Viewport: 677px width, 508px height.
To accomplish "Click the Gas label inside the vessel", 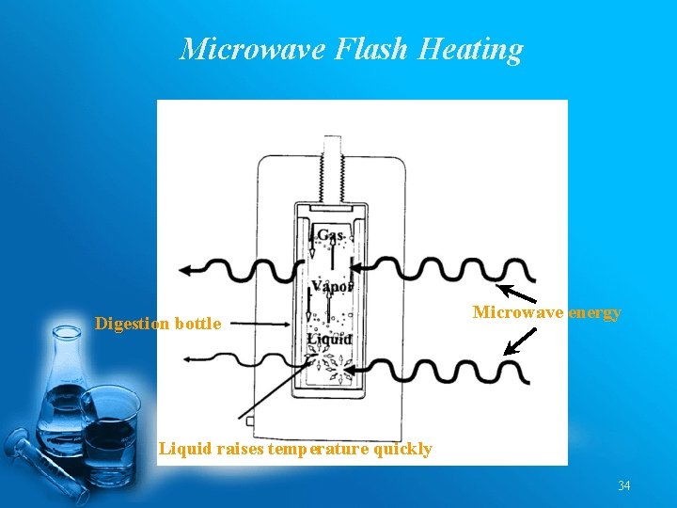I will point(330,235).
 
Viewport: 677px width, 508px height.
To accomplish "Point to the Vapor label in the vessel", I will point(332,286).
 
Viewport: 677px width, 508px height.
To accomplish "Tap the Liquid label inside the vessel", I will point(329,339).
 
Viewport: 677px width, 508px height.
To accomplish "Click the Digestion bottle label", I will point(158,324).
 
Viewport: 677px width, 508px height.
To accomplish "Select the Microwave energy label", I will point(546,312).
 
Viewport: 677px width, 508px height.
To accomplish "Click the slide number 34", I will point(624,486).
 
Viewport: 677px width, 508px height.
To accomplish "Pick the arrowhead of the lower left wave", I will point(192,357).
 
